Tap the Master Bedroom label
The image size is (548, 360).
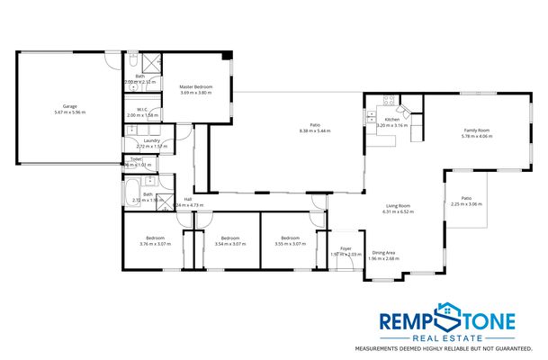(x=197, y=87)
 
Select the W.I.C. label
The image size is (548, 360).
(x=142, y=110)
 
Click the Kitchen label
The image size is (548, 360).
(x=391, y=120)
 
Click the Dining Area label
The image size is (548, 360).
(x=384, y=253)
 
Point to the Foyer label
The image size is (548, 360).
(x=345, y=248)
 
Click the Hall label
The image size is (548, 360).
(x=188, y=199)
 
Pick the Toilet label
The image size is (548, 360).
(x=136, y=159)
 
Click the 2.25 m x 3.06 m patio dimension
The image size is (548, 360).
(x=466, y=204)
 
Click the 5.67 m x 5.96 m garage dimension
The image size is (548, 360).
(x=69, y=112)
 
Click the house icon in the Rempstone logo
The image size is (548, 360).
(x=447, y=317)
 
